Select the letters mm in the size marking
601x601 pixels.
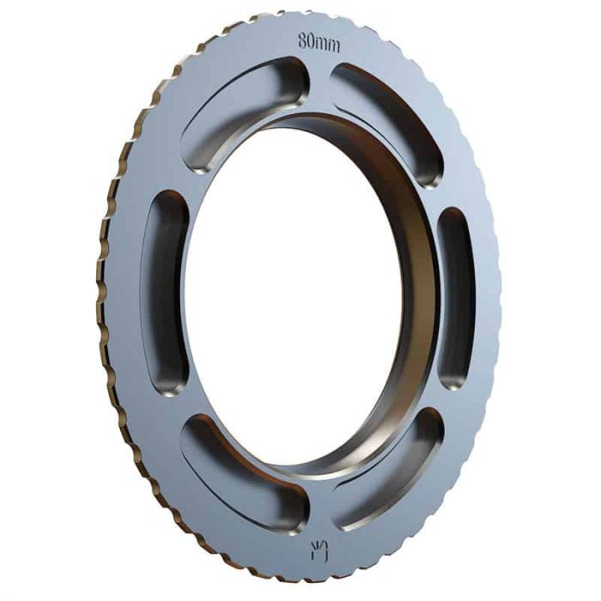click(329, 43)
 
